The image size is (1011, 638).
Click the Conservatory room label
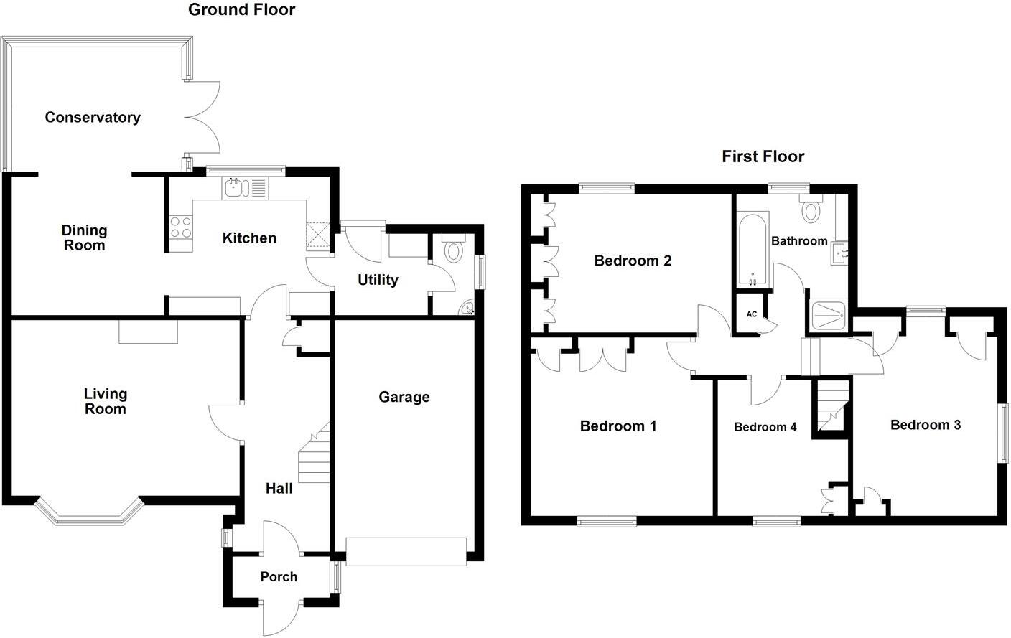coord(92,117)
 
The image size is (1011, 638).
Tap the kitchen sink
coord(244,189)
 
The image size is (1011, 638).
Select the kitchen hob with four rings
coord(181,227)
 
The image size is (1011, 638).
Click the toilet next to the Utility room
coord(454,250)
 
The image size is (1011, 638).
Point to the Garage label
coord(404,397)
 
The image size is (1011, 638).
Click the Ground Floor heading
coord(241,10)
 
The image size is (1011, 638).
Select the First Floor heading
coord(763,156)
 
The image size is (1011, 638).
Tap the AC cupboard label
coord(751,314)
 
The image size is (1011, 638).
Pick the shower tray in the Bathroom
coord(828,316)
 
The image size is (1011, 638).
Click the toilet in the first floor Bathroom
coord(812,209)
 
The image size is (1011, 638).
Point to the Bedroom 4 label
coord(765,427)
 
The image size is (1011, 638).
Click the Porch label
coord(279,576)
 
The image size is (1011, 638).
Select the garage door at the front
coord(406,551)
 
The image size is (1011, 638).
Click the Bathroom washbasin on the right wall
coord(840,253)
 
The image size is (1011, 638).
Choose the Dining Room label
coord(84,238)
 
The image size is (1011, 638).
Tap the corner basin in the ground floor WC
coord(467,309)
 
